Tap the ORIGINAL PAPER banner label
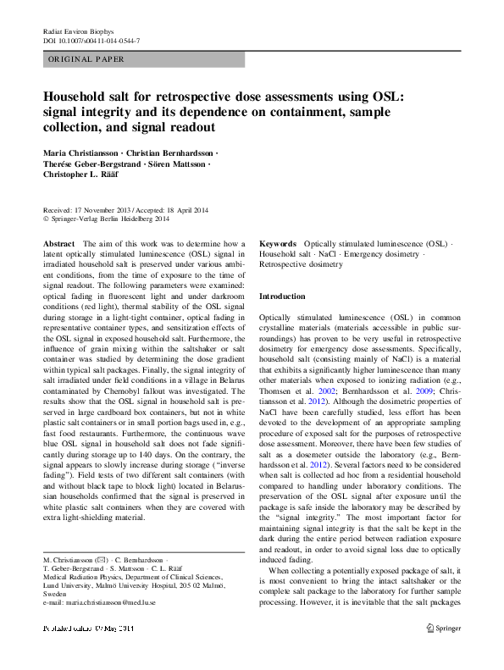pos(86,59)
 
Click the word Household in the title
pos(79,97)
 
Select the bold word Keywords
pos(278,243)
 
